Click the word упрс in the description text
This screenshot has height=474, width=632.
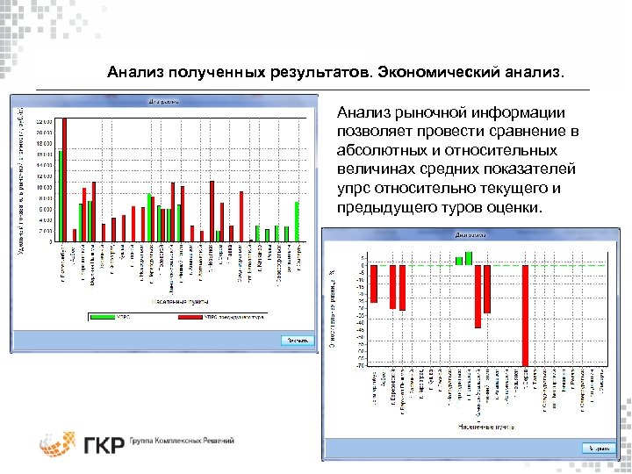click(354, 189)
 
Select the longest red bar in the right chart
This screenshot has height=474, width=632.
click(525, 315)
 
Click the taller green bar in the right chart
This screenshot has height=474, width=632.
click(470, 258)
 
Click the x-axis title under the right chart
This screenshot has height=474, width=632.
click(478, 427)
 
